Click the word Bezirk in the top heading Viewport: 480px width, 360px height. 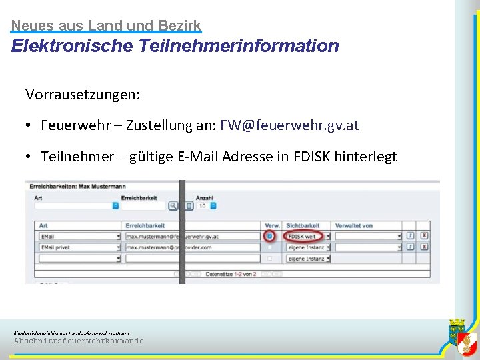click(x=179, y=26)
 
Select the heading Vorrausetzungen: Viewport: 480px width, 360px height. click(x=83, y=95)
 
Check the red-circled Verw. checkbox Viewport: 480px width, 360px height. click(x=269, y=236)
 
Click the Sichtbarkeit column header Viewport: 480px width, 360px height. click(x=303, y=226)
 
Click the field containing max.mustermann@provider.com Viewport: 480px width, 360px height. click(x=192, y=247)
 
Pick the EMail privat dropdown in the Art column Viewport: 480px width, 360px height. click(x=80, y=247)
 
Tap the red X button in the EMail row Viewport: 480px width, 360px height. click(x=424, y=236)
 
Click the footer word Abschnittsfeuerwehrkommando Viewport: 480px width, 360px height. click(x=79, y=341)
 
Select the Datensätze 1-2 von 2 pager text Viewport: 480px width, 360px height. click(x=231, y=274)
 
